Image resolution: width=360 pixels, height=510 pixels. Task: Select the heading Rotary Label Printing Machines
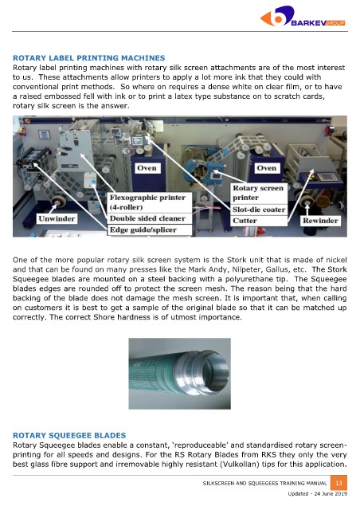pyautogui.click(x=88, y=58)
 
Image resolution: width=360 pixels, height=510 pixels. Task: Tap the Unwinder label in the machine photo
pyautogui.click(x=57, y=218)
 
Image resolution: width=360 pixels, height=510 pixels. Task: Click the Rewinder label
pyautogui.click(x=320, y=221)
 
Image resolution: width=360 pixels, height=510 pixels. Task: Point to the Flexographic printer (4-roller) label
pyautogui.click(x=149, y=202)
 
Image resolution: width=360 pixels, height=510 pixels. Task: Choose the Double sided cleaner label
pyautogui.click(x=149, y=218)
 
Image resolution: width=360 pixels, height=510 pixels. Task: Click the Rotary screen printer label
pyautogui.click(x=259, y=193)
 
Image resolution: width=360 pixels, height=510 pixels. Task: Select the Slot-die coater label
pyautogui.click(x=259, y=210)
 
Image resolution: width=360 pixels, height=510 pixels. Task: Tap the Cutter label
pyautogui.click(x=259, y=221)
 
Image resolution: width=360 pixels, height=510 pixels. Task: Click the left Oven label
pyautogui.click(x=147, y=168)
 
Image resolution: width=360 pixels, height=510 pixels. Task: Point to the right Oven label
pyautogui.click(x=266, y=168)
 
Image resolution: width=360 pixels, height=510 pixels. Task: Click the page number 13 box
pyautogui.click(x=338, y=483)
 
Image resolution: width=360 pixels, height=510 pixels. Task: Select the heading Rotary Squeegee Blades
pyautogui.click(x=69, y=436)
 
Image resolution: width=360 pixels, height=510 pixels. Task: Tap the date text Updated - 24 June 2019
pyautogui.click(x=318, y=494)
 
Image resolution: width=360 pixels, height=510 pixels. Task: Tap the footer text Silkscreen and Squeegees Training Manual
pyautogui.click(x=264, y=484)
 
